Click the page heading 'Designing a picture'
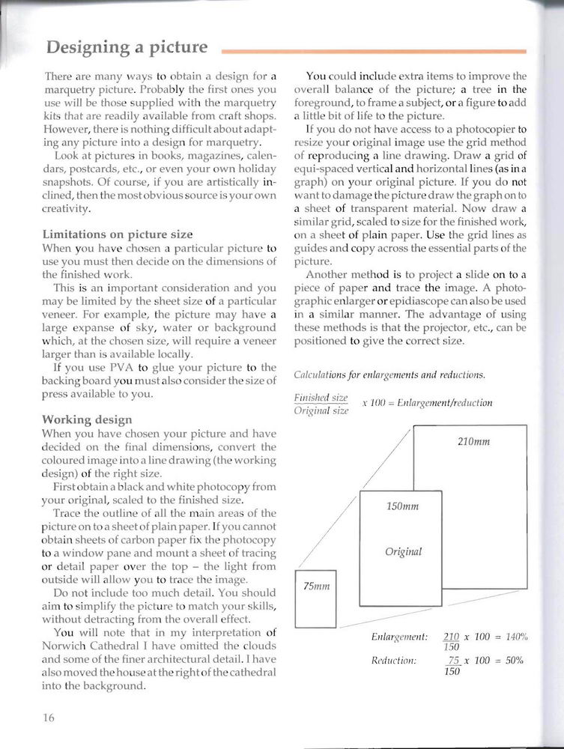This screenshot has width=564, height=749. tap(127, 48)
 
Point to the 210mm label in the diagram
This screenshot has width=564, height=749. tap(473, 441)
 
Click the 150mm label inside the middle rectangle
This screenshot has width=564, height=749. tap(402, 506)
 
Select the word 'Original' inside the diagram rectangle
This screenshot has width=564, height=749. tap(403, 551)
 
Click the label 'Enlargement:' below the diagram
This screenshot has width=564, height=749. tap(399, 637)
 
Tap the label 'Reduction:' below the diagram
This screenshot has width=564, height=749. tap(394, 660)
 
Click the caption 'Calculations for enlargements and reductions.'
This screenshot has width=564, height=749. tap(389, 374)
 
